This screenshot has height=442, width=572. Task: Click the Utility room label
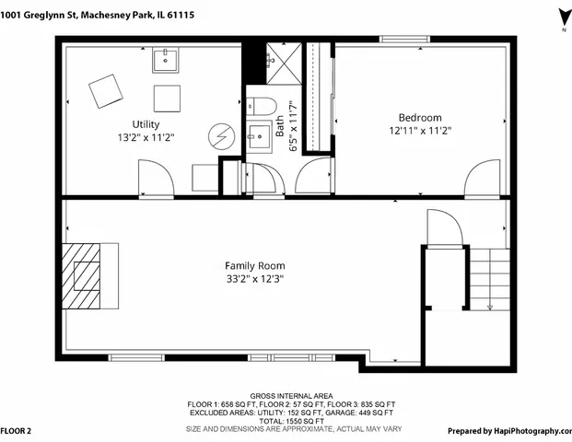click(146, 124)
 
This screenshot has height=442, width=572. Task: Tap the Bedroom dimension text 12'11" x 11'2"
click(419, 131)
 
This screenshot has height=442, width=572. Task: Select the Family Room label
click(255, 264)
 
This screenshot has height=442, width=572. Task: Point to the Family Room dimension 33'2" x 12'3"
click(255, 277)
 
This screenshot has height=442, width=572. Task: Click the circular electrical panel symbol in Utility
click(219, 135)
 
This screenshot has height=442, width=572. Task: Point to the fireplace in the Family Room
click(90, 276)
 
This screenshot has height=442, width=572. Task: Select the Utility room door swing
click(155, 178)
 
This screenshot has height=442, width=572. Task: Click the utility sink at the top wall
click(167, 61)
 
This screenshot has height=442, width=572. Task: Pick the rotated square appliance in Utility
click(106, 92)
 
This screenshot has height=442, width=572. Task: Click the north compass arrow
click(561, 17)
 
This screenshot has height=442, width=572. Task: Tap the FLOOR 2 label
click(17, 430)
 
